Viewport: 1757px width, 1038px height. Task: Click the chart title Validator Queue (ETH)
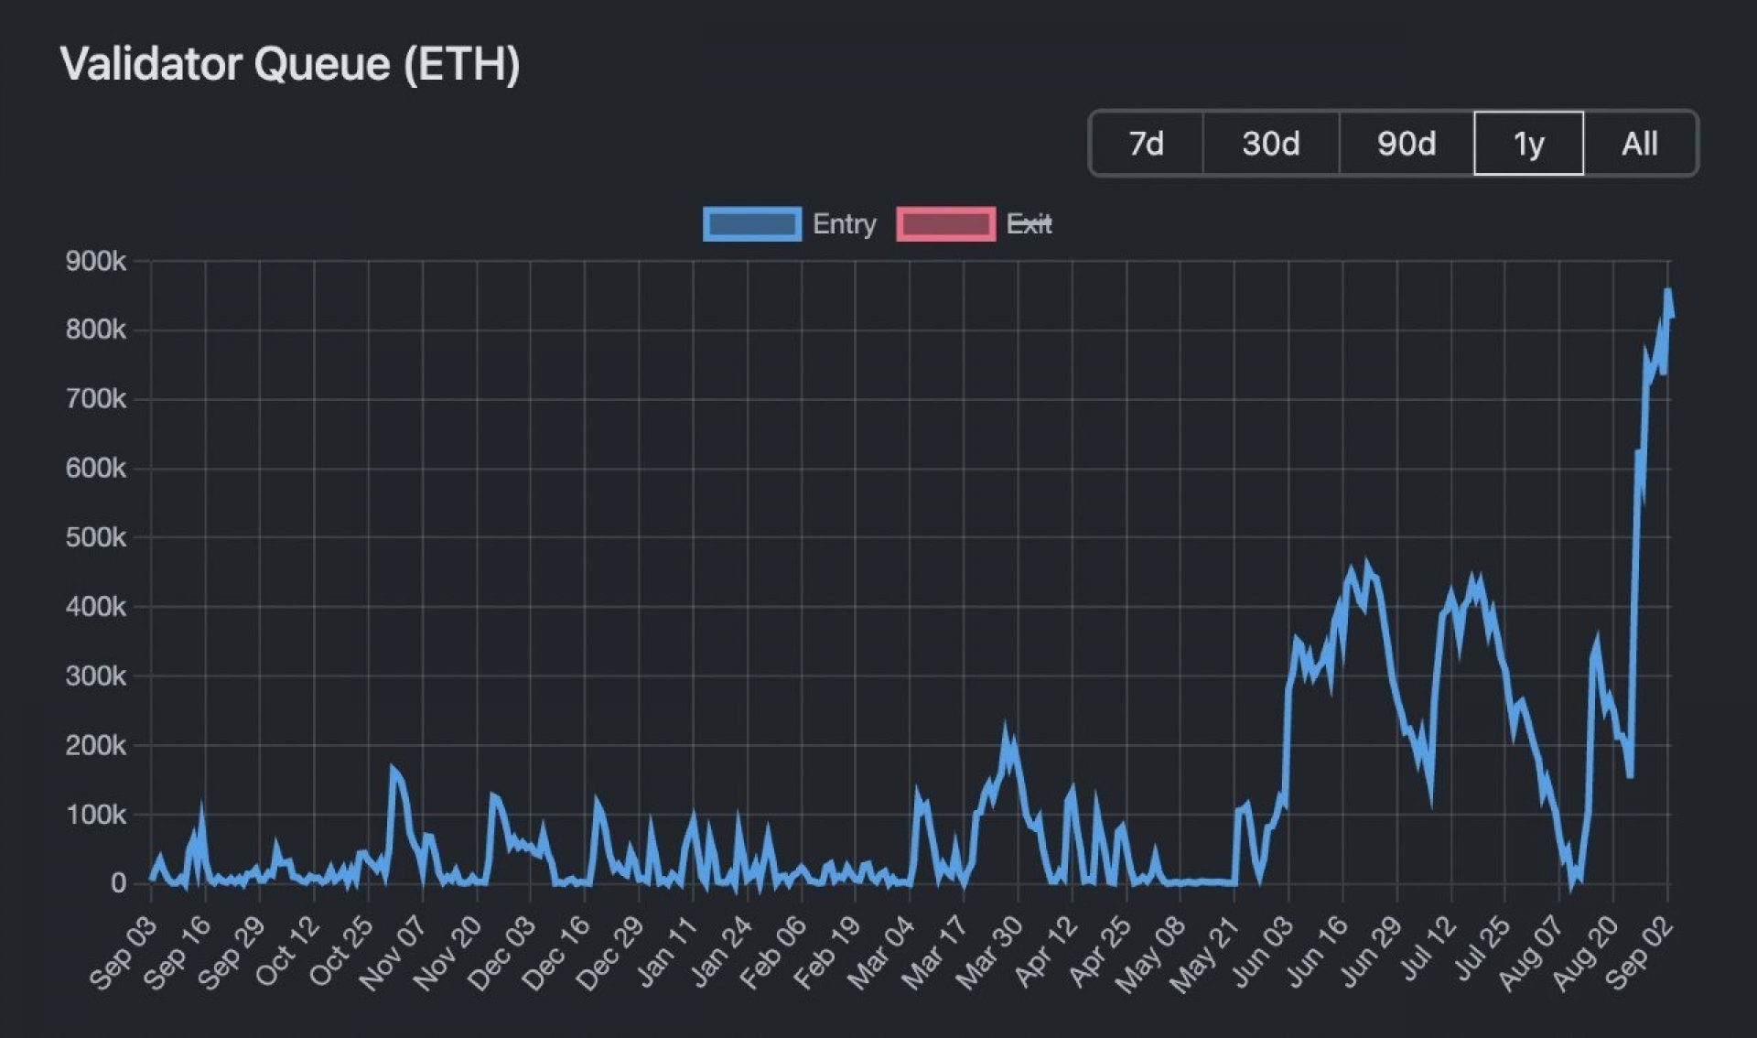coord(290,64)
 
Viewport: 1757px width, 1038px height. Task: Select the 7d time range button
coord(1146,144)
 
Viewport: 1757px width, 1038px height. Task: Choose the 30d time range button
coord(1270,144)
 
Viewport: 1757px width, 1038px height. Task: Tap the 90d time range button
coord(1406,144)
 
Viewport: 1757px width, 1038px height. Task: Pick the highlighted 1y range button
coord(1528,144)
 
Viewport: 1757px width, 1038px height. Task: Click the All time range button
coord(1639,144)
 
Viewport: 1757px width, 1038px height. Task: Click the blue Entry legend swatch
coord(751,224)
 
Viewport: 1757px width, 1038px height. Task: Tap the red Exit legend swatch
coord(945,224)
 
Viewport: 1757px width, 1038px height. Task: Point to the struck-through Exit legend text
coord(1029,224)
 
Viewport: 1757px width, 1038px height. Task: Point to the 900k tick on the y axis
coord(95,262)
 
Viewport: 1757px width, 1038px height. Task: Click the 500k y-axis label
coord(95,537)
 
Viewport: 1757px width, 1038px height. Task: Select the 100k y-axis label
coord(95,815)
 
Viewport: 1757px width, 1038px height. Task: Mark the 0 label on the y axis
coord(118,883)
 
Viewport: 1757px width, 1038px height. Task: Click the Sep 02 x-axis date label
coord(1640,954)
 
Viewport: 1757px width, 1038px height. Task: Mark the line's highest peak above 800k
coord(1667,292)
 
